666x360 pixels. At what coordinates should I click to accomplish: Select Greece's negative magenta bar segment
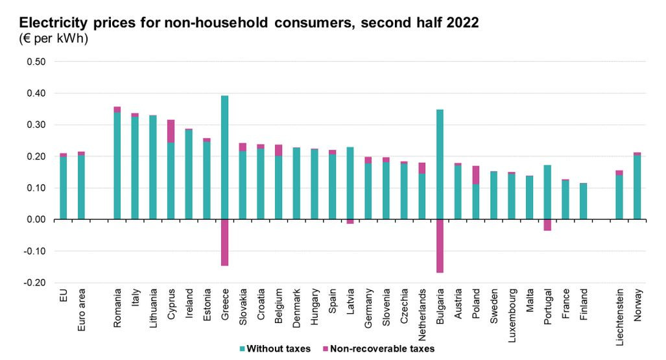(x=224, y=243)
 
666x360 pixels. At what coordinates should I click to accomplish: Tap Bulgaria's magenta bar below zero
(x=440, y=246)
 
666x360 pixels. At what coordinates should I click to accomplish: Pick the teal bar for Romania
(x=117, y=166)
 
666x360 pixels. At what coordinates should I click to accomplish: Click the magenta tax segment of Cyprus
(x=171, y=131)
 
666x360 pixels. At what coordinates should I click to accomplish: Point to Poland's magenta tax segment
(x=475, y=175)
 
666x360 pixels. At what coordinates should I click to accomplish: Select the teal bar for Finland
(x=583, y=201)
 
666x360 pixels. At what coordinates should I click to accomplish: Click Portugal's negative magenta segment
(x=547, y=225)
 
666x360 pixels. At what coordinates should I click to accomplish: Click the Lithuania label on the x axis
(x=153, y=308)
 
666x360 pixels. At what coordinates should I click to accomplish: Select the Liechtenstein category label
(x=619, y=315)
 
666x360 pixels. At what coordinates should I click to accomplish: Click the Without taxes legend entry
(x=275, y=349)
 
